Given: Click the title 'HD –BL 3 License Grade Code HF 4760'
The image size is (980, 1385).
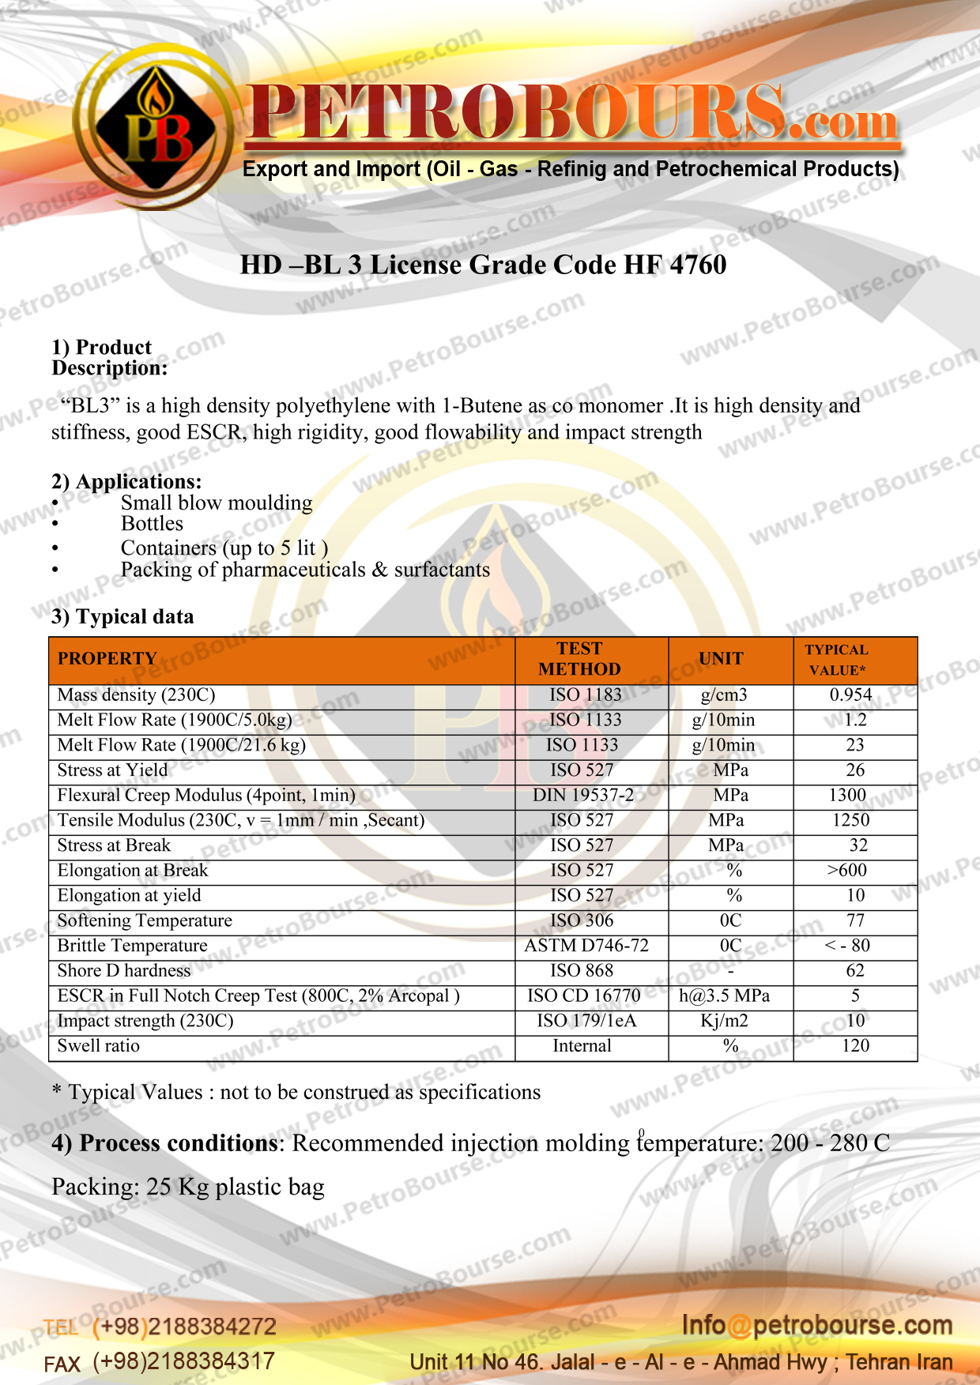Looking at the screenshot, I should pyautogui.click(x=483, y=265).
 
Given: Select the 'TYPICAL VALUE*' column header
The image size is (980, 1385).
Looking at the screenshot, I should pyautogui.click(x=837, y=660).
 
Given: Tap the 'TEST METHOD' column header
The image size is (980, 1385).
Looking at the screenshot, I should pyautogui.click(x=579, y=659).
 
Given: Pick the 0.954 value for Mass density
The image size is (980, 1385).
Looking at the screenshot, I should pyautogui.click(x=850, y=695).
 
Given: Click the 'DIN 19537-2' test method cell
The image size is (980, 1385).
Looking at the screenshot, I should pyautogui.click(x=583, y=795).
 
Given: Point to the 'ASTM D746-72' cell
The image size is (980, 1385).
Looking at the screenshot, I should pyautogui.click(x=586, y=946).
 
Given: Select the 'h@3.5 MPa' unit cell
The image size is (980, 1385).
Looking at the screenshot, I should pyautogui.click(x=724, y=995).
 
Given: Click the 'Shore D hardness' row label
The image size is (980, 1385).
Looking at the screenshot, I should pyautogui.click(x=124, y=971).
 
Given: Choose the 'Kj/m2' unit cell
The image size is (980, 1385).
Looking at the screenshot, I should pyautogui.click(x=724, y=1021).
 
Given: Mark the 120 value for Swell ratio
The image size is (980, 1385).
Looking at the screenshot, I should pyautogui.click(x=855, y=1046).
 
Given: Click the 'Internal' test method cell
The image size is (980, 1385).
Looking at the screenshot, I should pyautogui.click(x=582, y=1046).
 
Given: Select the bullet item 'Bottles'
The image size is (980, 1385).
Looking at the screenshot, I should pyautogui.click(x=152, y=524).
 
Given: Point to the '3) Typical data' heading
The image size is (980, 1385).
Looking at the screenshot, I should pyautogui.click(x=122, y=617).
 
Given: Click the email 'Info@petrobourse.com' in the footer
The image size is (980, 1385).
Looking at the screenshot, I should pyautogui.click(x=817, y=1325).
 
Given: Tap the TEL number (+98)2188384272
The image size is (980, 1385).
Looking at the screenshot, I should pyautogui.click(x=184, y=1327).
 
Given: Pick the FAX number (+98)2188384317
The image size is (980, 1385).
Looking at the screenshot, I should pyautogui.click(x=183, y=1361).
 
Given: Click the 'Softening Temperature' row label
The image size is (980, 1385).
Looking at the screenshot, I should pyautogui.click(x=145, y=920).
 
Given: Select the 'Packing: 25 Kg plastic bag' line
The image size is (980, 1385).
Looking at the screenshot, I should pyautogui.click(x=188, y=1187).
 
